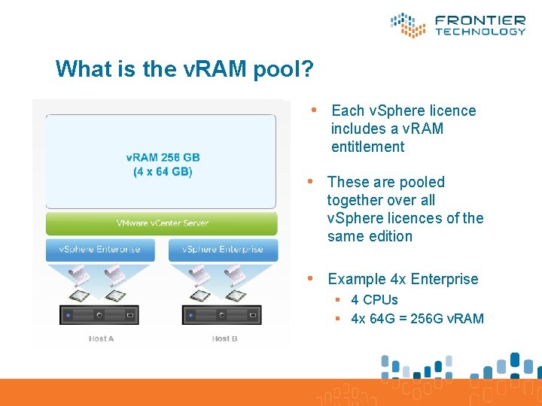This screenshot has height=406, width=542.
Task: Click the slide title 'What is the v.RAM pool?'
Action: click(184, 69)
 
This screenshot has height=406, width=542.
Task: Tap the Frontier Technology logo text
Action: click(480, 25)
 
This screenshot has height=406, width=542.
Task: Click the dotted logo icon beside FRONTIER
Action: click(409, 25)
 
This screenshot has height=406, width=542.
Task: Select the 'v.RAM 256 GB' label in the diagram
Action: click(163, 157)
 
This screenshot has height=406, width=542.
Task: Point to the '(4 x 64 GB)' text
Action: click(163, 172)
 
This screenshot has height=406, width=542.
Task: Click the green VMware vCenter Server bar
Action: click(162, 223)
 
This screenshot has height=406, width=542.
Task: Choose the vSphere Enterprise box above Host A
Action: click(100, 249)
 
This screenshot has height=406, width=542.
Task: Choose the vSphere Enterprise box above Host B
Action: click(224, 249)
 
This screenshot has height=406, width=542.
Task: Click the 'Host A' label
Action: click(101, 339)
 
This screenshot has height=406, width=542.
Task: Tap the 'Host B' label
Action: click(224, 339)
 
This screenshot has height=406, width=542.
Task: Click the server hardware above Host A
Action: click(100, 314)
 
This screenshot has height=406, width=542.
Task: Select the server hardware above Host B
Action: click(224, 314)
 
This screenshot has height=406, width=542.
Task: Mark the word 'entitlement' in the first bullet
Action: click(367, 147)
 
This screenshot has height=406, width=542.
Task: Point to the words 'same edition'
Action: click(370, 236)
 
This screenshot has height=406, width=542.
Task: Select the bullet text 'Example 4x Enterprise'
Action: click(403, 279)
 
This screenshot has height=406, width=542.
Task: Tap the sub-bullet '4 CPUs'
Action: click(374, 300)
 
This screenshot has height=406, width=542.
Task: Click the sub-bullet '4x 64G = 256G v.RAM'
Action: click(417, 318)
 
